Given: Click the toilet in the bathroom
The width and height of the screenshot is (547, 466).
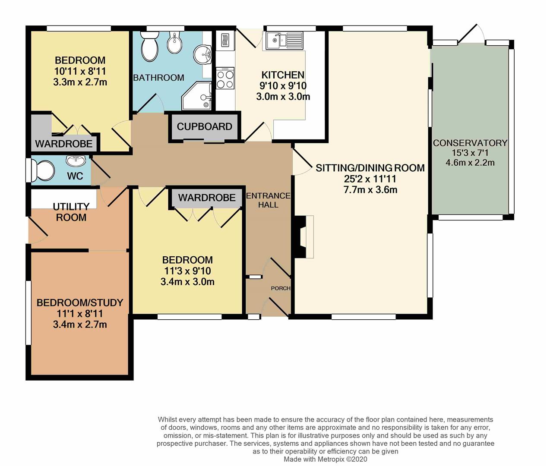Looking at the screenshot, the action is click(150, 47).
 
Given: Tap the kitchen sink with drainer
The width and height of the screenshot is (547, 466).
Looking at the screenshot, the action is click(284, 41).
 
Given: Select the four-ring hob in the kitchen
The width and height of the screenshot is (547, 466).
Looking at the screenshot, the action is click(225, 78).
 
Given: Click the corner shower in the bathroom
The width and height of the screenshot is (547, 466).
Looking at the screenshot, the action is click(196, 96).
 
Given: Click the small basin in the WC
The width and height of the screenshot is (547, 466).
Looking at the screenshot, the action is click(76, 160).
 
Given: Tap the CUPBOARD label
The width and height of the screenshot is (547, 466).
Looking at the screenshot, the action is click(205, 127).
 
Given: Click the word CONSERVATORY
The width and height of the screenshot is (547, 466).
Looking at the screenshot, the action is click(470, 143).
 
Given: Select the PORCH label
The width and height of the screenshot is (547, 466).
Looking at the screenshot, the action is click(281, 288).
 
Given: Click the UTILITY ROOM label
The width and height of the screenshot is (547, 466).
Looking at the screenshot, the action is click(71, 212).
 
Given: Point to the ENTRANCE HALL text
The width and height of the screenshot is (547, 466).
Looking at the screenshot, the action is click(268, 200).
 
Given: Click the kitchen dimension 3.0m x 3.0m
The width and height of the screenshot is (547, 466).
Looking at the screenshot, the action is click(283, 97).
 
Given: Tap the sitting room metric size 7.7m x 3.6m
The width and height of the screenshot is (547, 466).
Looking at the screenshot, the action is click(370, 189).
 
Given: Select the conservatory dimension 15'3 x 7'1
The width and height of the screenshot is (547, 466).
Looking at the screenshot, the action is click(470, 153).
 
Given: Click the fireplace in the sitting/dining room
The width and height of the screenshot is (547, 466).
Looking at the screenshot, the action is click(304, 237).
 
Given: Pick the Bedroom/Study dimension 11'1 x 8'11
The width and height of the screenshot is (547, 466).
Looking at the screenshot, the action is click(80, 314).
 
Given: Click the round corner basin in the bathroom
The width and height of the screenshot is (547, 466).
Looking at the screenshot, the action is click(202, 55).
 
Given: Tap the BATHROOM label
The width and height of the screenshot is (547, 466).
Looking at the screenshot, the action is click(158, 78).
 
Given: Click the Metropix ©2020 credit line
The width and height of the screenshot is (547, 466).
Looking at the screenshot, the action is click(325, 459).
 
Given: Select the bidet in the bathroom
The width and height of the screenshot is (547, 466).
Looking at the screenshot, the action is click(174, 42).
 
